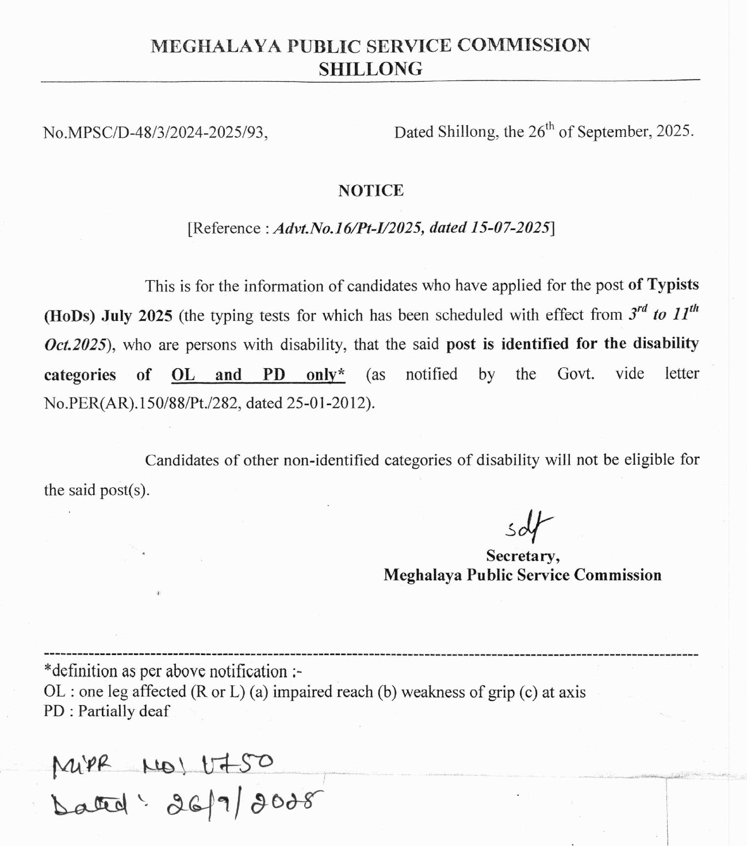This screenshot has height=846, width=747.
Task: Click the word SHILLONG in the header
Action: tap(370, 69)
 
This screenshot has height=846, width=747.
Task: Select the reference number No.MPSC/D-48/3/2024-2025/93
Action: tap(155, 133)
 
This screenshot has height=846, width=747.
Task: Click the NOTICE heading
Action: tap(371, 190)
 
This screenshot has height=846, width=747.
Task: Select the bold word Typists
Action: tap(673, 285)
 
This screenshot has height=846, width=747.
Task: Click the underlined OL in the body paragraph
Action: tap(183, 375)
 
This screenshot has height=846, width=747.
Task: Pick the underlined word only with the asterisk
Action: tap(325, 375)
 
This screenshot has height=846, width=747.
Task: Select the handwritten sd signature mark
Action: tap(528, 526)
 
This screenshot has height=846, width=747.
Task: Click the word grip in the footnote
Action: tap(498, 692)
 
